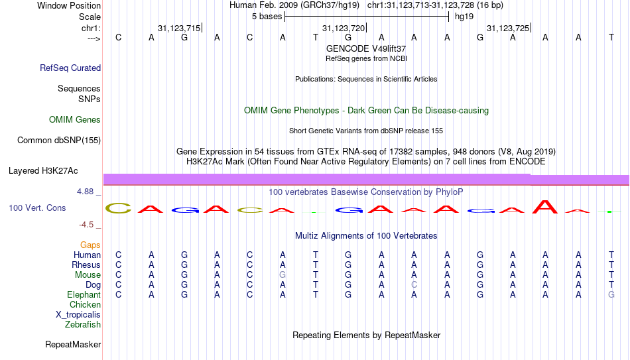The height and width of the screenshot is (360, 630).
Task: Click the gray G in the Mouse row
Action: click(283, 275)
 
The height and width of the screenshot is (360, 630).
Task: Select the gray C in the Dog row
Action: click(414, 285)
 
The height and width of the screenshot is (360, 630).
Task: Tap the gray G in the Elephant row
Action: click(611, 294)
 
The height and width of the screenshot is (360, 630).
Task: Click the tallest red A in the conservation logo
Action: click(545, 206)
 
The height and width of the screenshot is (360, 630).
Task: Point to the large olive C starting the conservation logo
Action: click(118, 208)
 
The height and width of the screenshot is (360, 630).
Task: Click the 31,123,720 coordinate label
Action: click(344, 28)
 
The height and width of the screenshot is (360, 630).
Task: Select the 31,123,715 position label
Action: click(179, 28)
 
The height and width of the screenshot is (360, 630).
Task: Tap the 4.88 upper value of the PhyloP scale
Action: click(85, 192)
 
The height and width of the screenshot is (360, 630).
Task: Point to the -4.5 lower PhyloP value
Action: click(86, 225)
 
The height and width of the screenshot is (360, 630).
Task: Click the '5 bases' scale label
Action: click(267, 17)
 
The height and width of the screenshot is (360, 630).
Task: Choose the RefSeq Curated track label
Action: click(70, 68)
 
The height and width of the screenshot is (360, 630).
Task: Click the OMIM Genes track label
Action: click(75, 120)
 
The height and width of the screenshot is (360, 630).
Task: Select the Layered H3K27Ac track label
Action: click(43, 171)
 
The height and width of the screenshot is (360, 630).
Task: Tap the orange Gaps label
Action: click(90, 245)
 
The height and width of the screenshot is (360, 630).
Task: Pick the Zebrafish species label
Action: click(83, 324)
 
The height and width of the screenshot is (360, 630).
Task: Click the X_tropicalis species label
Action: click(78, 315)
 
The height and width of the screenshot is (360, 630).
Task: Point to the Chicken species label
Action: click(85, 304)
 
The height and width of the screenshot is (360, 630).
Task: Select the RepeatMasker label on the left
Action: click(73, 344)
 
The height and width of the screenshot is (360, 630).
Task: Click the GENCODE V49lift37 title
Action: click(366, 48)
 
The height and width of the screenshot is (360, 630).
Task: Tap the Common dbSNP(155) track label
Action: click(59, 141)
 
